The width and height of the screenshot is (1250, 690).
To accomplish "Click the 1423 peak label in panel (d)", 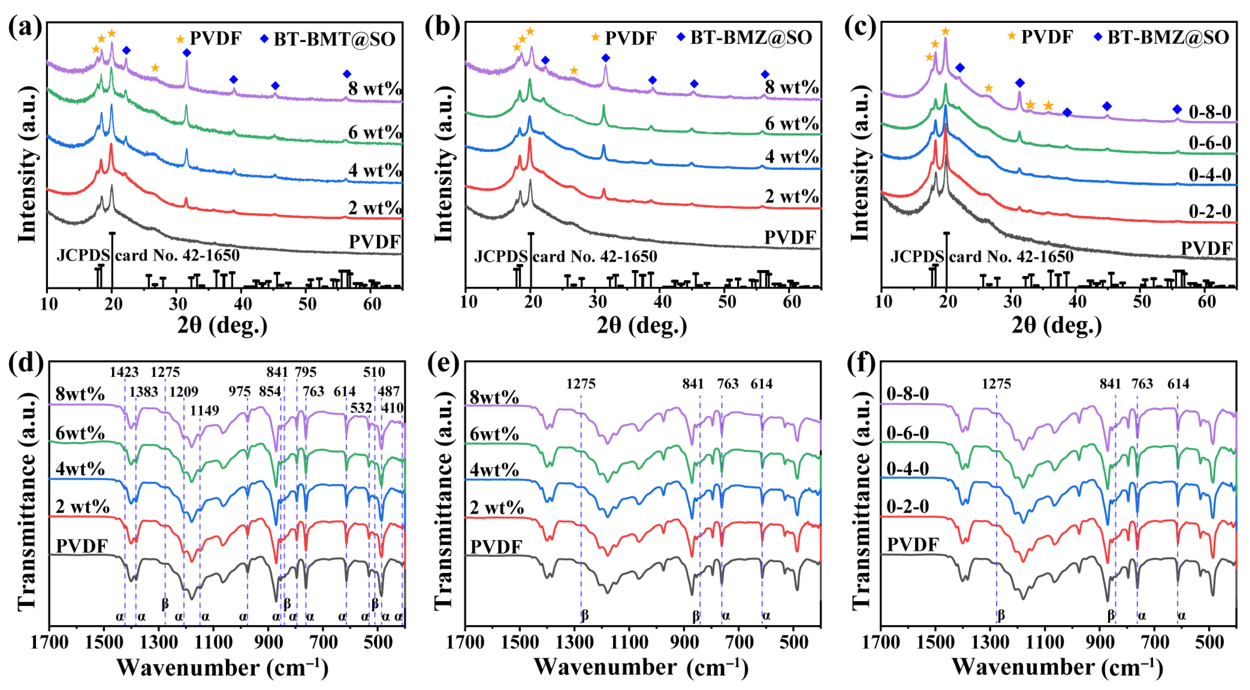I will pyautogui.click(x=124, y=372).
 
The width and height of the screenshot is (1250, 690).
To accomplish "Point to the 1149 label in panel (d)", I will pyautogui.click(x=204, y=411).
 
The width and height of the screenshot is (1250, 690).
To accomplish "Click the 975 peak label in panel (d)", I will pyautogui.click(x=239, y=391).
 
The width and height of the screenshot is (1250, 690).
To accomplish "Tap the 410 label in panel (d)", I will pyautogui.click(x=392, y=408).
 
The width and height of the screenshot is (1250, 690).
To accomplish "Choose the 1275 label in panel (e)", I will pyautogui.click(x=581, y=384).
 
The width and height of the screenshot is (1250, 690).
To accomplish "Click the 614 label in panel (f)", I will pyautogui.click(x=1178, y=384).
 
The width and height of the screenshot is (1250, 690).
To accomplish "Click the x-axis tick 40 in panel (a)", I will pyautogui.click(x=243, y=304).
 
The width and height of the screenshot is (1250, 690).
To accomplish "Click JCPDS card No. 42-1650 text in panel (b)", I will pyautogui.click(x=565, y=256).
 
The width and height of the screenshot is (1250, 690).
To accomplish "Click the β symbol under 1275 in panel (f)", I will pyautogui.click(x=1001, y=616).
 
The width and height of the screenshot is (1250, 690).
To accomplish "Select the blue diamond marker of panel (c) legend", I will pyautogui.click(x=1097, y=36).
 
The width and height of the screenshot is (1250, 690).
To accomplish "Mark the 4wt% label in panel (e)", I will pyautogui.click(x=494, y=470).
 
